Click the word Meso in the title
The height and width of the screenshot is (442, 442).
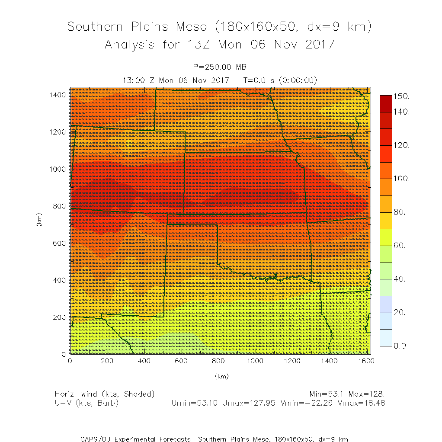[191, 27]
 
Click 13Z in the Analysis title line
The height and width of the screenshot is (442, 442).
[199, 44]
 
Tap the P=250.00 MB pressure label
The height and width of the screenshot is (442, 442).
[220, 67]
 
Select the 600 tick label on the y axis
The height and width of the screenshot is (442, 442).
[59, 243]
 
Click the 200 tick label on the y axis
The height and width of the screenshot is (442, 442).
[59, 317]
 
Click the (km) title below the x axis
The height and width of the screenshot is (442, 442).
[221, 376]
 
